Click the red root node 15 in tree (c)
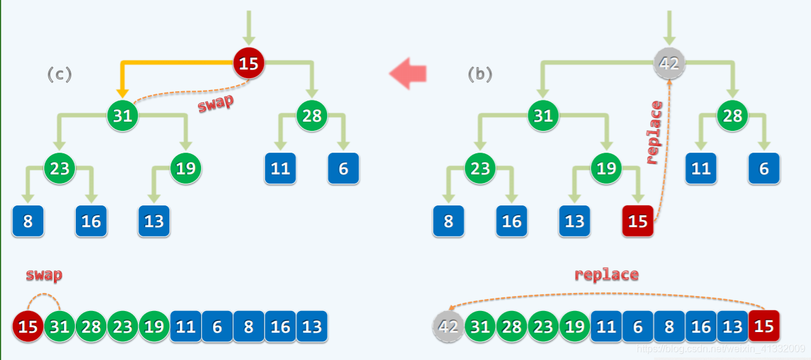[x=249, y=63]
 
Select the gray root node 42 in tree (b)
[x=670, y=63]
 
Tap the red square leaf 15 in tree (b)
[x=638, y=221]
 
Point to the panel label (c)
[x=60, y=74]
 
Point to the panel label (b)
[x=480, y=74]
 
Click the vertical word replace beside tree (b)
[x=654, y=132]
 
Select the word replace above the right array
[x=606, y=274]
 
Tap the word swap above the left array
[x=43, y=274]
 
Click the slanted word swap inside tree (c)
[x=215, y=103]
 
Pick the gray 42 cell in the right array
[x=448, y=326]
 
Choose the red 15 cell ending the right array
[x=764, y=326]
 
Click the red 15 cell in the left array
[x=28, y=326]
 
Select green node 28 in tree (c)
[x=311, y=115]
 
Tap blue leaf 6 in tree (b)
[x=764, y=168]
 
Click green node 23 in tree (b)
[x=480, y=168]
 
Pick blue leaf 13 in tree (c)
[x=154, y=221]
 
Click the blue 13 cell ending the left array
[x=312, y=326]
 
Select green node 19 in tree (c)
[x=186, y=168]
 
